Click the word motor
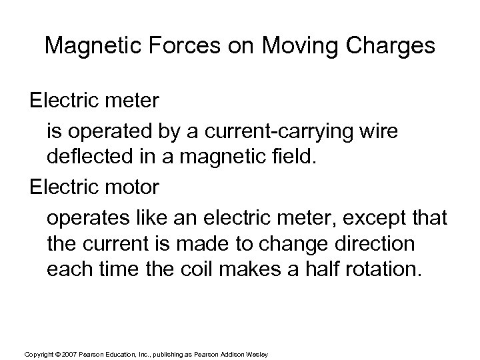point(133,187)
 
